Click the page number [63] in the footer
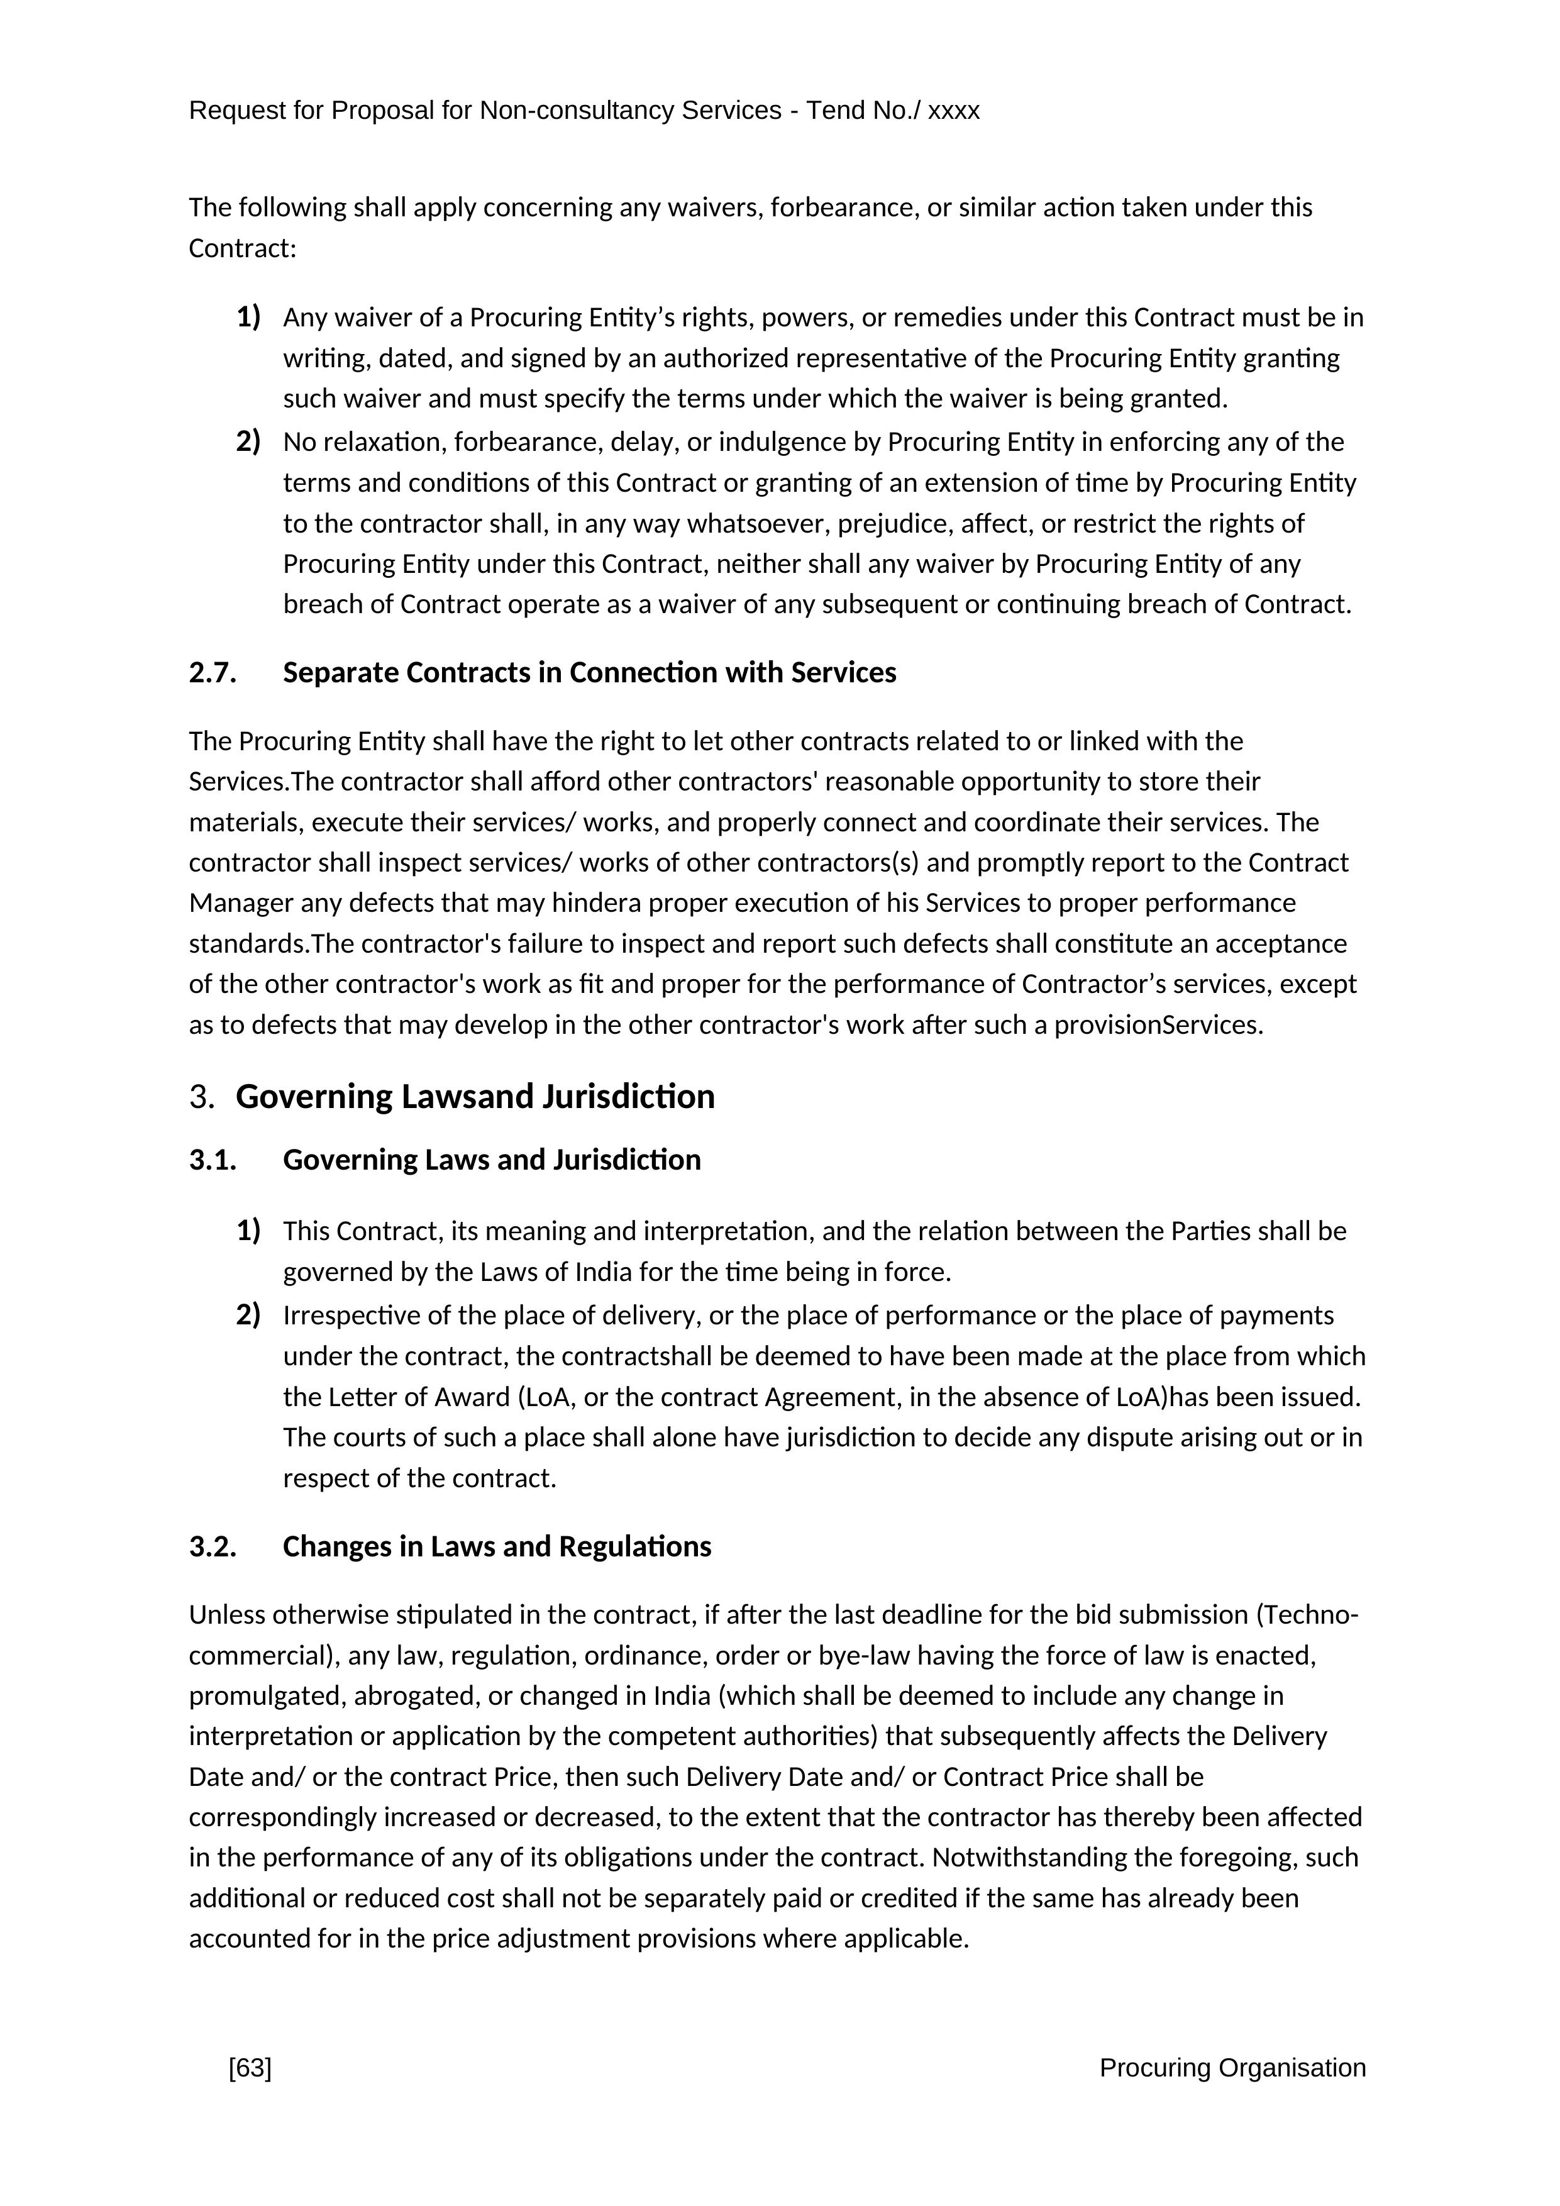click(250, 2068)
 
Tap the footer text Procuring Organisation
click(1232, 2068)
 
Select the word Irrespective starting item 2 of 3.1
click(351, 1316)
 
